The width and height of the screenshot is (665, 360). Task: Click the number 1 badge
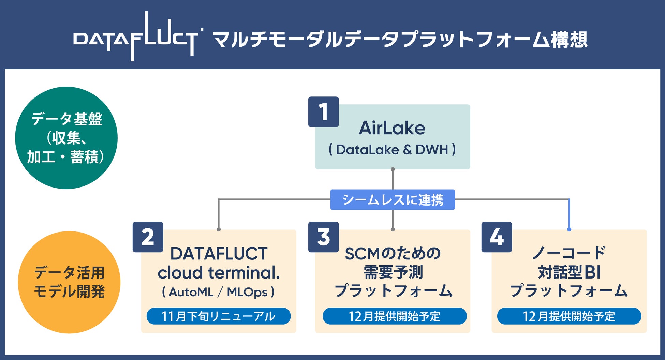(323, 112)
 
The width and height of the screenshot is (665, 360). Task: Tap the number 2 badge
(148, 237)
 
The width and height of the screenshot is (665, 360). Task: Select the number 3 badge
(323, 237)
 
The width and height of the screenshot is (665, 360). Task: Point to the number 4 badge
(497, 237)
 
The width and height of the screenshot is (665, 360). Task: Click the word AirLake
(392, 128)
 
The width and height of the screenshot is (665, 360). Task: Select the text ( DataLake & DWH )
(392, 150)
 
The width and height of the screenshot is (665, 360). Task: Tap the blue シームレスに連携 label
(393, 200)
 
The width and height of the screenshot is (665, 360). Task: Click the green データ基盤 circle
(66, 138)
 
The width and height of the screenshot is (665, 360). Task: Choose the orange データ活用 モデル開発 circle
(69, 282)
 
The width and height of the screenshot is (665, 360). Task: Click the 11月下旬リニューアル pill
(219, 316)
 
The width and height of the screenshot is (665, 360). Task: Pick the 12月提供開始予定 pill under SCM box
(395, 316)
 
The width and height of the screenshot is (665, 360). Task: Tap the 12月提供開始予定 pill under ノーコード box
(569, 316)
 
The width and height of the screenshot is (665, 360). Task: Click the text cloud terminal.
(219, 273)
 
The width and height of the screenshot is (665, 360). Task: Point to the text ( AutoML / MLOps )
(219, 292)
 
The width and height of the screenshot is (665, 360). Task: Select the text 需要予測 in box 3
(393, 272)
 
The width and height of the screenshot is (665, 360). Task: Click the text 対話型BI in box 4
(569, 272)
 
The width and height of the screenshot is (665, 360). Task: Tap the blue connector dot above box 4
(569, 229)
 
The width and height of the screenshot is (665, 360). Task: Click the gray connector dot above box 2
(219, 229)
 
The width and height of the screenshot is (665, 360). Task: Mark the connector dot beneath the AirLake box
(393, 169)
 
